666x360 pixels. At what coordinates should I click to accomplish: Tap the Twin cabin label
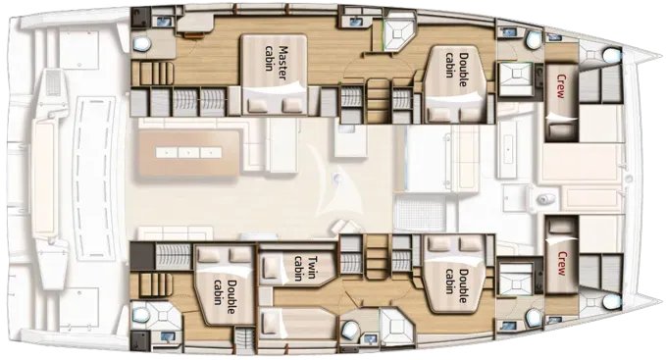coord(305,269)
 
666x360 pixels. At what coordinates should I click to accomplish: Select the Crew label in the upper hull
coord(561,86)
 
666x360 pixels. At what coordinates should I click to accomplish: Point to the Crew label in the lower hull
coord(561,263)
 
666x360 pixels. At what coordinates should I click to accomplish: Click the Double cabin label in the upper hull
coord(457,66)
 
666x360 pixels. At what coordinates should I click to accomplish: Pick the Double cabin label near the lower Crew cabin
coord(457,282)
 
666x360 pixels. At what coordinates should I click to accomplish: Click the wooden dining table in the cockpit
coord(188,153)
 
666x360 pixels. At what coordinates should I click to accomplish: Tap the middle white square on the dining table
coord(188,152)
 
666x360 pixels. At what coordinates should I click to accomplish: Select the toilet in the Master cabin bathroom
coord(142,43)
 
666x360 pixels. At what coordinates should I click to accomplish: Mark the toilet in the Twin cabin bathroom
coord(349,329)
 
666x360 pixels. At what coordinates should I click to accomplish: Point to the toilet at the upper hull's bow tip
coord(612,55)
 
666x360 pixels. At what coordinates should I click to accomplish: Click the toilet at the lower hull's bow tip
coord(612,301)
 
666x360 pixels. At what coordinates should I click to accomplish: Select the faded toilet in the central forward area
coord(544,199)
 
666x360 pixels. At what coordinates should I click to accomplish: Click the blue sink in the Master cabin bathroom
coord(163,22)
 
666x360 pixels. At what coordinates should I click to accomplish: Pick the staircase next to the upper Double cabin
coord(378,101)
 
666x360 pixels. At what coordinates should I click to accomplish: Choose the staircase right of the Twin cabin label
coord(378,257)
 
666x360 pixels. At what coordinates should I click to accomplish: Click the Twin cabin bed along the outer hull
coord(297,324)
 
